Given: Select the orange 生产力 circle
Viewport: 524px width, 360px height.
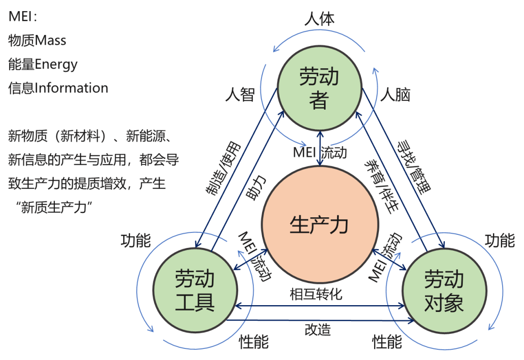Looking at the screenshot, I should point(319,225).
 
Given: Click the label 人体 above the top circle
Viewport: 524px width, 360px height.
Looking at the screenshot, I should point(319,19).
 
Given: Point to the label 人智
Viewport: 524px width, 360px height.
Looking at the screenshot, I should point(240,95).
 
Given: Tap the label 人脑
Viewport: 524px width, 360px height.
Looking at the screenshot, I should point(395,95).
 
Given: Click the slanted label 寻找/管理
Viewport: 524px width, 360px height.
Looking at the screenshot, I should point(414,167).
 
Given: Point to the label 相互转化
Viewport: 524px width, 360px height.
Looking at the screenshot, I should point(316,294).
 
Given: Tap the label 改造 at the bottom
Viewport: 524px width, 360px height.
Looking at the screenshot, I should point(318,329).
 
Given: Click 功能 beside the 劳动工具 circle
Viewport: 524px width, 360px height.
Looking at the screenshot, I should point(136,240).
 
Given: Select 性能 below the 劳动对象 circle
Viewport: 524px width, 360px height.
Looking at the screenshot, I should point(387,343).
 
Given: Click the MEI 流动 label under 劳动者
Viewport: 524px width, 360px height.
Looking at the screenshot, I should point(320,152).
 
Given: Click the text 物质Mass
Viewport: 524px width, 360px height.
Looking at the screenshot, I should point(37,41).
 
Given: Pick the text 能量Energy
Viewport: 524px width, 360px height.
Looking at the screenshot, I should point(43,65).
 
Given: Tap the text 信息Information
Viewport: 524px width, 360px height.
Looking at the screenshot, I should point(58,88).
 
